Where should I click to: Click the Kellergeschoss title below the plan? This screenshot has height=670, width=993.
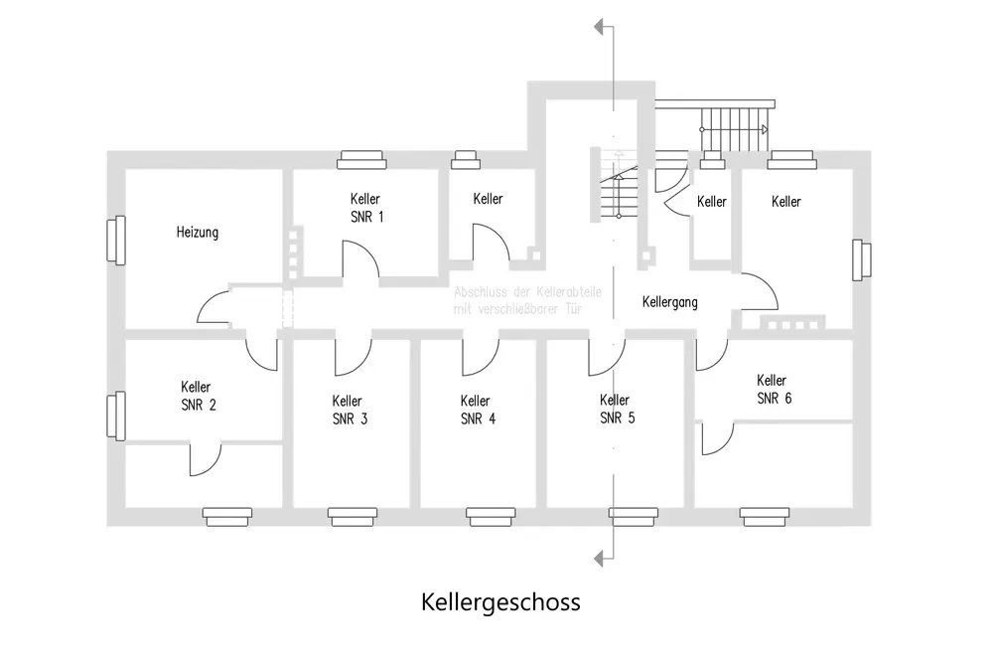pos(499,602)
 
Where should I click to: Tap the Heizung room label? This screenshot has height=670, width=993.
pos(197,233)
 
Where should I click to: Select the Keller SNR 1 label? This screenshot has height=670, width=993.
pos(365,208)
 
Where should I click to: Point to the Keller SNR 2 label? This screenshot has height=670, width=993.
pos(197,396)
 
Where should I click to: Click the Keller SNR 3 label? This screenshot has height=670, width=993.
pos(350,410)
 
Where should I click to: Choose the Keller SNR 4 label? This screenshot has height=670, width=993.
pos(478,410)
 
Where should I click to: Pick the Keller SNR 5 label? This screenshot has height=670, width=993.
pos(617,409)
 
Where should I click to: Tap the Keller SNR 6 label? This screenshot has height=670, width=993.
pos(773,389)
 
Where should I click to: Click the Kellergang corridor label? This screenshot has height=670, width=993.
pos(669,301)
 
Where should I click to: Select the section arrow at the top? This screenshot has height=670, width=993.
pos(599,26)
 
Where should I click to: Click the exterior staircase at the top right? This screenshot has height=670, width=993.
pos(735,128)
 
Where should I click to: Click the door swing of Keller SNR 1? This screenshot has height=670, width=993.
pos(359,257)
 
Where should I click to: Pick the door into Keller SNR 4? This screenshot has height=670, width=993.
pos(480,355)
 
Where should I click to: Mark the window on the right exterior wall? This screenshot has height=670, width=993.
pos(860,260)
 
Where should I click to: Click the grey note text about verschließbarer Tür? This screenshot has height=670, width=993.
pos(516,301)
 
